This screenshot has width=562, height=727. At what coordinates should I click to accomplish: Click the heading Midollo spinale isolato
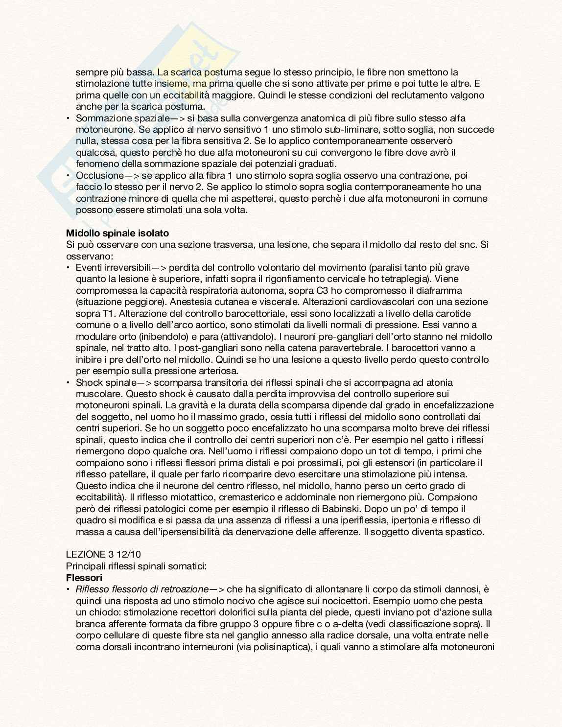[x=117, y=233]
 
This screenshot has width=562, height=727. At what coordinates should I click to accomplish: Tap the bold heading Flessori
[x=84, y=578]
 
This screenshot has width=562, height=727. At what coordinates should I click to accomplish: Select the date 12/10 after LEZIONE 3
[x=129, y=555]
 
